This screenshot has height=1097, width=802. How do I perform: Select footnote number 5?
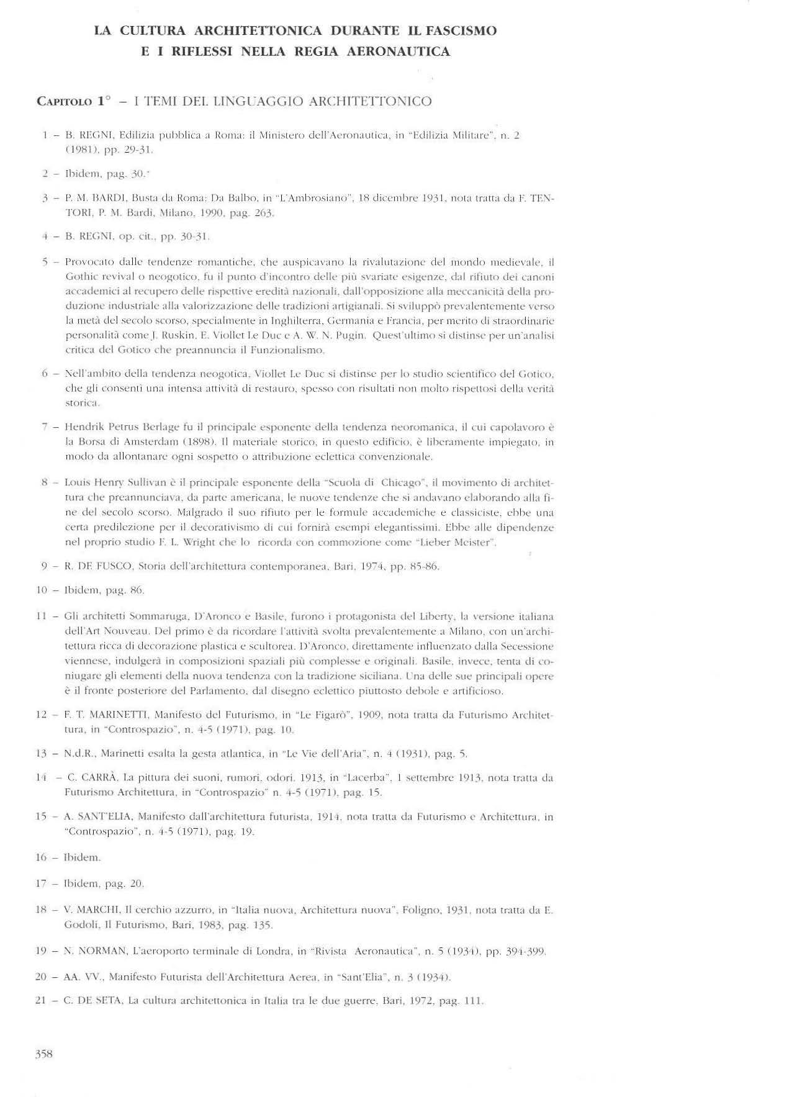click(x=45, y=262)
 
